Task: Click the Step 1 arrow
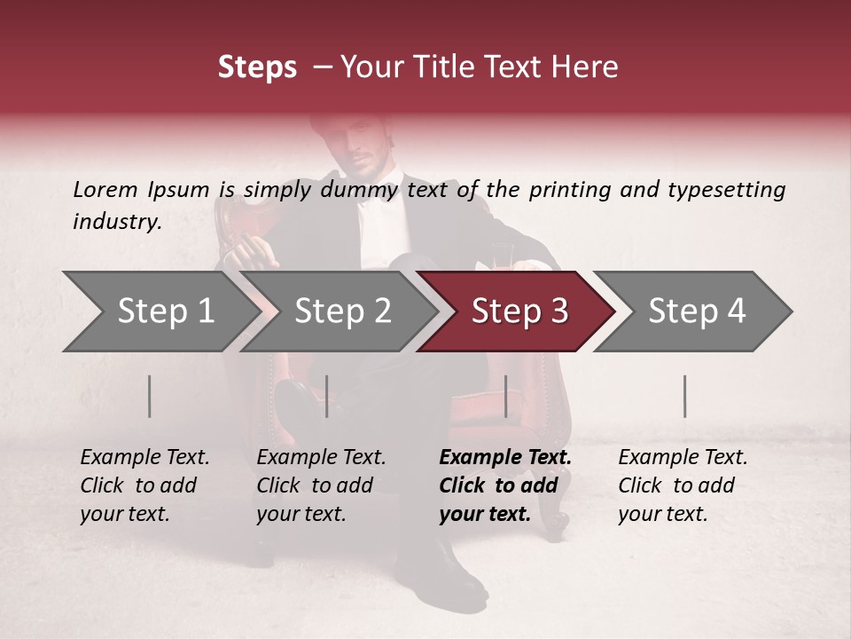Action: (160, 312)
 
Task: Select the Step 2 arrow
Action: (341, 312)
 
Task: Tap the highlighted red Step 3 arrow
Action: (519, 312)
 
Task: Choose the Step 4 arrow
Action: (696, 312)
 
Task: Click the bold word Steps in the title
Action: (257, 67)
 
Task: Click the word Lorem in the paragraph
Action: (105, 189)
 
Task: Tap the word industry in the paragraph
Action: (117, 221)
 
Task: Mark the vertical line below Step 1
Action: (150, 396)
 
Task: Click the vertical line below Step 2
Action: (327, 396)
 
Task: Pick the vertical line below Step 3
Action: (505, 396)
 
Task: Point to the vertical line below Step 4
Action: (684, 396)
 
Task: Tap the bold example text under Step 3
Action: (504, 485)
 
